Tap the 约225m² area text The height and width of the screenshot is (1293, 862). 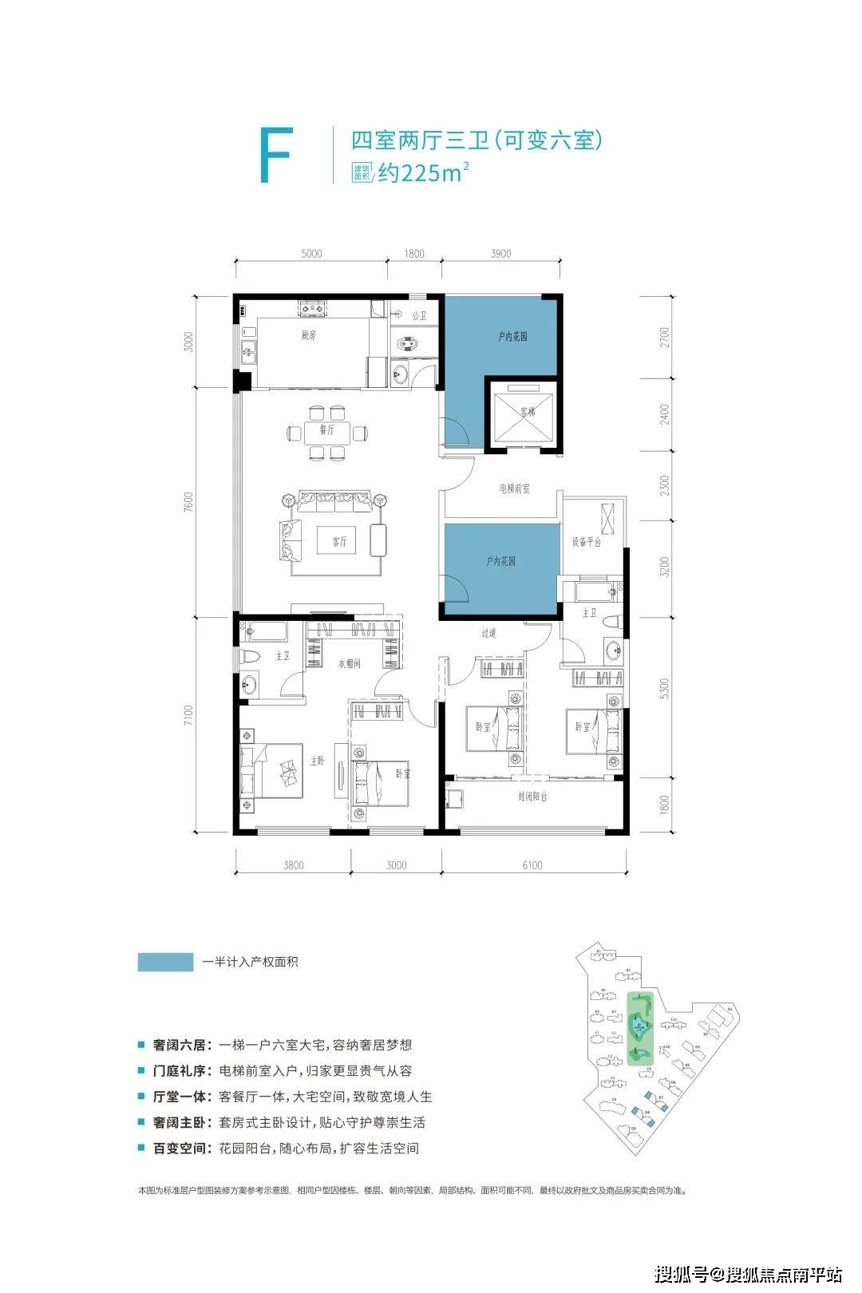tap(421, 172)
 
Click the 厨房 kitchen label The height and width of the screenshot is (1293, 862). tap(309, 336)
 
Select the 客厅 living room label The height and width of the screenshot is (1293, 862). tap(339, 542)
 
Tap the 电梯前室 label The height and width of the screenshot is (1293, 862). tap(515, 488)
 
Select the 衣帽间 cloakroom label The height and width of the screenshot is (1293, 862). tap(350, 662)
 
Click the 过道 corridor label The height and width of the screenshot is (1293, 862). tap(488, 633)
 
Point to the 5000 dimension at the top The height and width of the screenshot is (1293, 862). tap(311, 254)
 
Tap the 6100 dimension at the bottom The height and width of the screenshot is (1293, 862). tap(532, 865)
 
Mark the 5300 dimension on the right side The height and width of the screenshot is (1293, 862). tap(665, 689)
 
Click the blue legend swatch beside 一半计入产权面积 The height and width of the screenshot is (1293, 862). tap(165, 962)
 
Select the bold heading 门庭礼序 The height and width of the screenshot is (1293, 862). tap(181, 1071)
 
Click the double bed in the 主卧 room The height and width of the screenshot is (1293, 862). tap(275, 770)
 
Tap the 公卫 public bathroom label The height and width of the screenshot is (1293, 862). tap(419, 317)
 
